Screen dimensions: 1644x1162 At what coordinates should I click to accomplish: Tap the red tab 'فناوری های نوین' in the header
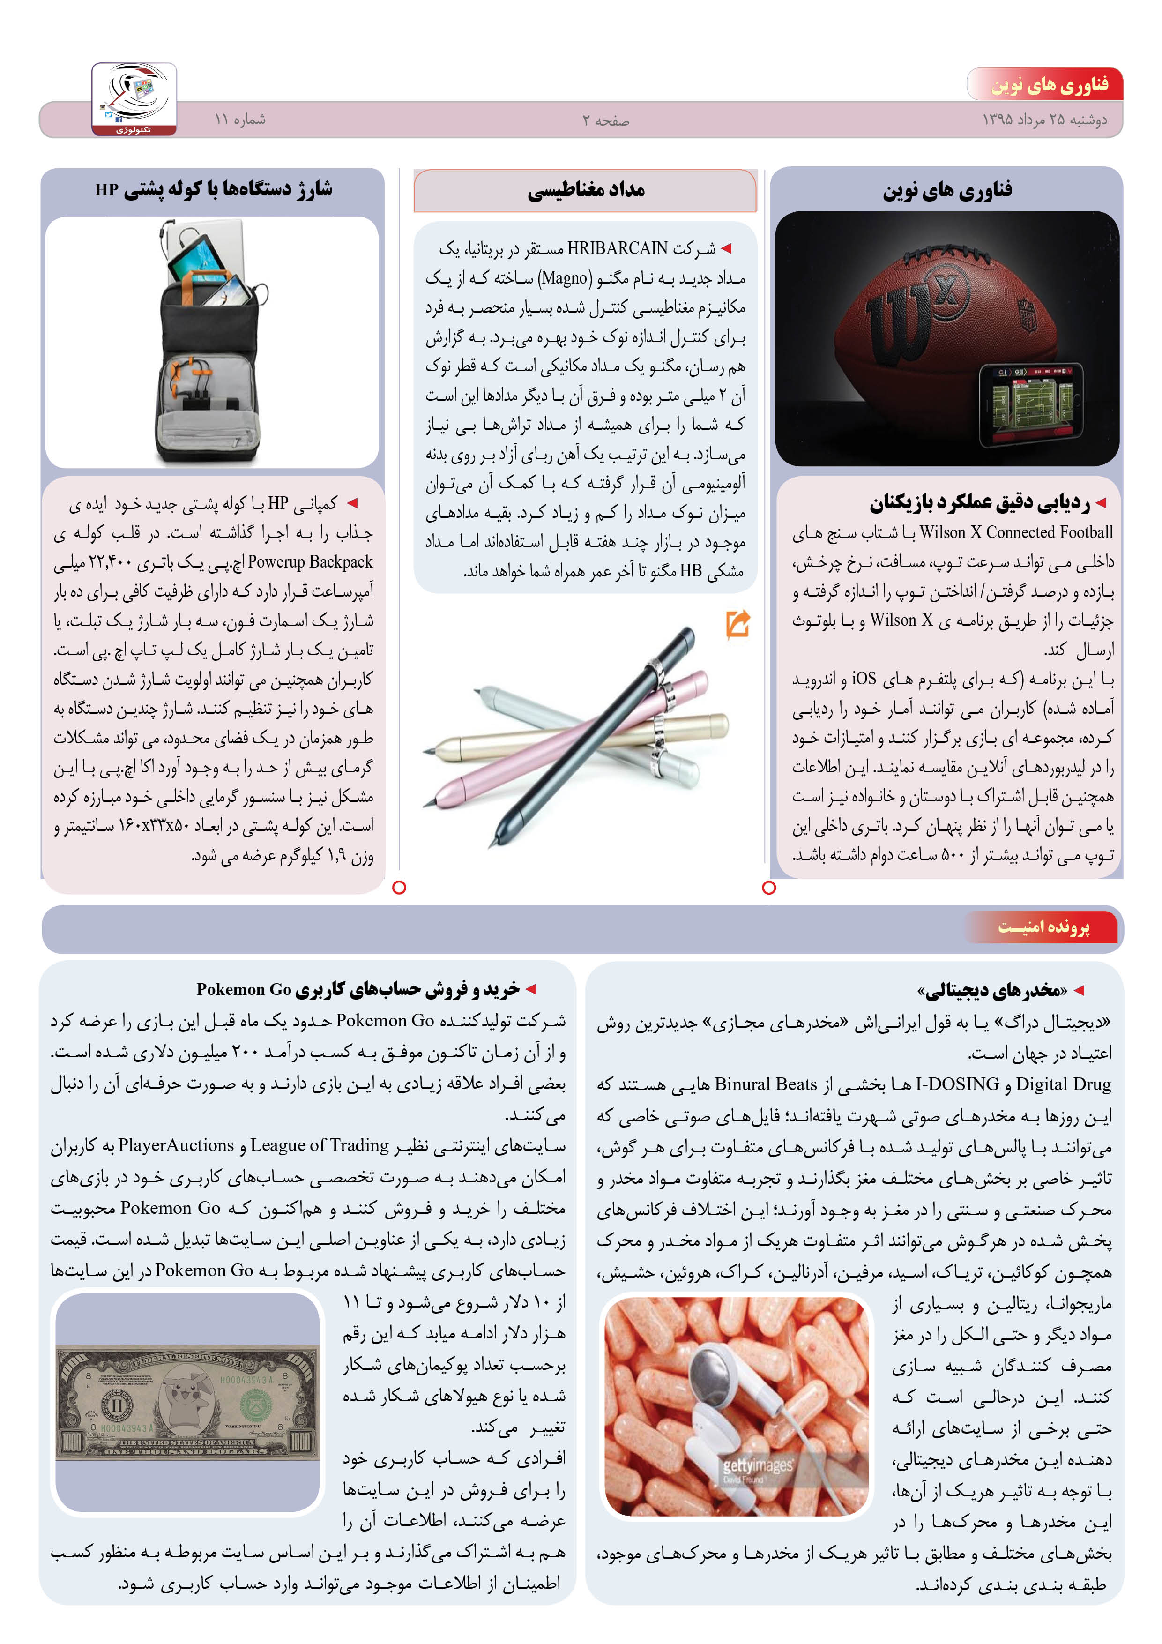(x=1049, y=85)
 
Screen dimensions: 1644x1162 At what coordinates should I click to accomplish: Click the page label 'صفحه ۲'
(x=606, y=121)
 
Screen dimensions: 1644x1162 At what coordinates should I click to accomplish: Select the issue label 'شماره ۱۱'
(x=240, y=119)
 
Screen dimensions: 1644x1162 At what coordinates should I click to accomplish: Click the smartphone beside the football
(x=1031, y=404)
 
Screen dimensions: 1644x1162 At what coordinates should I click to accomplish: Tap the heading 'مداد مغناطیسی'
(x=586, y=190)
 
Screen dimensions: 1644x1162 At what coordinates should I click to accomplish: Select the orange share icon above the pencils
(x=737, y=624)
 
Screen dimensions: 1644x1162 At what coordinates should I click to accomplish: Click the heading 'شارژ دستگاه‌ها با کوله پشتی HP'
(x=213, y=190)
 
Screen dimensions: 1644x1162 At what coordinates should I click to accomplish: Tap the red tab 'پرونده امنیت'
(x=1044, y=927)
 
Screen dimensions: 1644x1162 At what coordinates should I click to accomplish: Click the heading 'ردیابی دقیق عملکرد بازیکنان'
(x=979, y=503)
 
